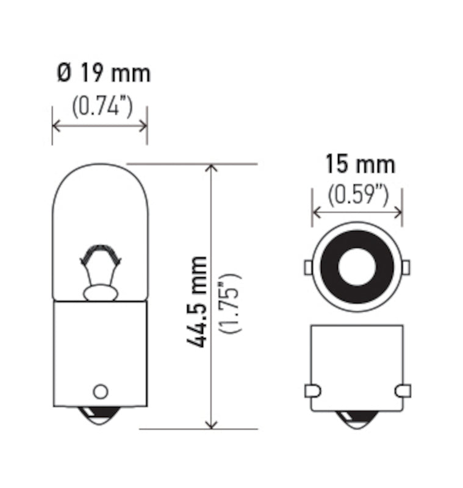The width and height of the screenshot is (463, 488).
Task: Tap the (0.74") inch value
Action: click(x=102, y=107)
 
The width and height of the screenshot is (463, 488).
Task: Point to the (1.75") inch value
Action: click(x=232, y=303)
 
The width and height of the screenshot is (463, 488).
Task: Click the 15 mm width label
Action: click(x=360, y=164)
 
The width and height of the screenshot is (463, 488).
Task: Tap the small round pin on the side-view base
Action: click(x=100, y=391)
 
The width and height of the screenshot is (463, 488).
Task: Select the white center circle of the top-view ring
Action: click(x=357, y=267)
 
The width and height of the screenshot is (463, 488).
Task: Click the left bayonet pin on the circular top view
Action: click(x=308, y=267)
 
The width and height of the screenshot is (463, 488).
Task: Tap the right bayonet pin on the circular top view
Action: click(x=406, y=267)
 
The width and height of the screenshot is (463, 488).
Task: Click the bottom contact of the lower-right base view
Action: click(x=357, y=419)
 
